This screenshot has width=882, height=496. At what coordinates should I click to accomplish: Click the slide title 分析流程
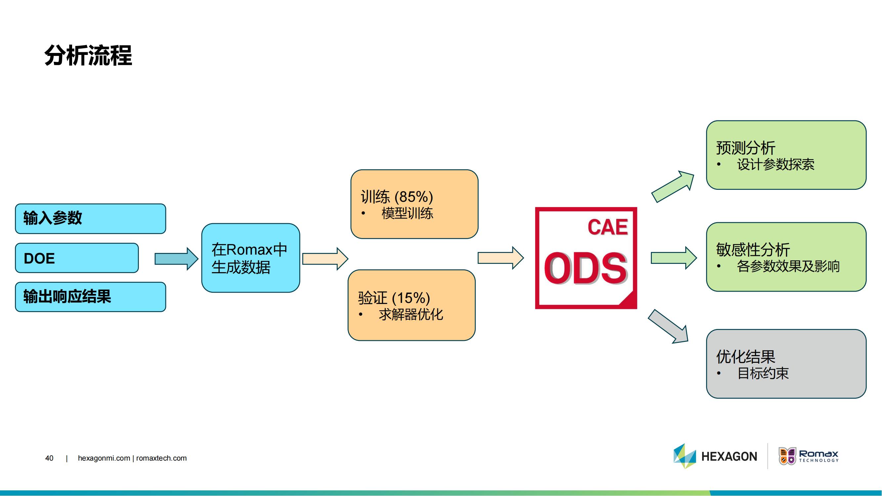pos(88,55)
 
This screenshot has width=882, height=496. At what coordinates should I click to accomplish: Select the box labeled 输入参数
pos(91,219)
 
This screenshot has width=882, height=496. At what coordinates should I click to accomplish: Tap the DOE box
pos(77,258)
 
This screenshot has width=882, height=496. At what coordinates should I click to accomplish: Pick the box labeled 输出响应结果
pos(91,297)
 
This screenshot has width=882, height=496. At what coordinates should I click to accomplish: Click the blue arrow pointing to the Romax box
pos(176,259)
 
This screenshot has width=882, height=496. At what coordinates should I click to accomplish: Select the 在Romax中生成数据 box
pos(251,258)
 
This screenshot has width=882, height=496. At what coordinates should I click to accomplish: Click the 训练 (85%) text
pos(397,197)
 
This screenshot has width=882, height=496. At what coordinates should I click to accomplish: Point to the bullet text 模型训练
pos(407,213)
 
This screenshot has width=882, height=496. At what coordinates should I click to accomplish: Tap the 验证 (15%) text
pos(394,298)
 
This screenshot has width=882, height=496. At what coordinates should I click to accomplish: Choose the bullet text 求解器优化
pos(411,314)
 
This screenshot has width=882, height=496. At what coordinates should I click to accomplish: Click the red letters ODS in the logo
pos(586,268)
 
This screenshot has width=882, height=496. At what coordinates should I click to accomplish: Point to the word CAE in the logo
pos(608,227)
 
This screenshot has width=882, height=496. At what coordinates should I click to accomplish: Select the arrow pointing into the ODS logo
pos(501,258)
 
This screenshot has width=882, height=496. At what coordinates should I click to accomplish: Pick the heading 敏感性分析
pos(753,249)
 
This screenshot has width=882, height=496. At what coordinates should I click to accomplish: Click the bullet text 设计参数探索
pos(776,164)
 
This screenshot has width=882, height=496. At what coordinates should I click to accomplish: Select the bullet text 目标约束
pos(763,373)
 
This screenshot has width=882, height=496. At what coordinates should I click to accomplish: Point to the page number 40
pos(49,458)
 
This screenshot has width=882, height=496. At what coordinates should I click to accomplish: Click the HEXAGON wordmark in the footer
pos(729,456)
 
